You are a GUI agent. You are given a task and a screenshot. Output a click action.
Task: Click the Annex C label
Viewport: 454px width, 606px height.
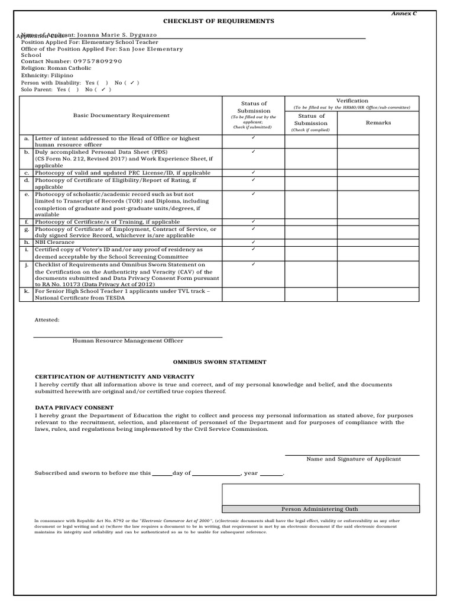[406, 13]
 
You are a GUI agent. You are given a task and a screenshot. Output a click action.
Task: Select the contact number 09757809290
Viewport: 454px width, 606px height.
[98, 61]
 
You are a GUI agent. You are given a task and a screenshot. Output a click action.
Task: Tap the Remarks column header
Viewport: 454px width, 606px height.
[378, 123]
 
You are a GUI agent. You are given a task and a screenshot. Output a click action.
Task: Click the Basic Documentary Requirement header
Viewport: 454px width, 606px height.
[121, 115]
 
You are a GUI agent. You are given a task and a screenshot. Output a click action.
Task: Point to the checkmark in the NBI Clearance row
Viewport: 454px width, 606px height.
[253, 242]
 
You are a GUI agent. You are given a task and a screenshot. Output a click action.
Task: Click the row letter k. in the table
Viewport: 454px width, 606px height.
[27, 291]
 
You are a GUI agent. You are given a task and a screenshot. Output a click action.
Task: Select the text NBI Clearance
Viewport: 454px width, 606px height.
[54, 242]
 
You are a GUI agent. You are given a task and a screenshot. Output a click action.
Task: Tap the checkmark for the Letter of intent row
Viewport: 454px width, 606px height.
[253, 138]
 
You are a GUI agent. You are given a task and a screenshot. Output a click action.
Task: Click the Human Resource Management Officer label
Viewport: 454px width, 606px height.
[128, 341]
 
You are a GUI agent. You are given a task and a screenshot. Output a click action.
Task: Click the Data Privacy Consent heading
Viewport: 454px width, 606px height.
[74, 408]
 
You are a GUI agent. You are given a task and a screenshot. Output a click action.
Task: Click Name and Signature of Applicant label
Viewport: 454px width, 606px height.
[353, 459]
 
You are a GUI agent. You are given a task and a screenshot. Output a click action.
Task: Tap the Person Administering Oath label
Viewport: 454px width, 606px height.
[319, 509]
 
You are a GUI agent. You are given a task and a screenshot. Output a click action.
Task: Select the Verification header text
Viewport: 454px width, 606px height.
[352, 101]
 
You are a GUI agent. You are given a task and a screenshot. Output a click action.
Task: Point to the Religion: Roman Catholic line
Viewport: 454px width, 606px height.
[56, 68]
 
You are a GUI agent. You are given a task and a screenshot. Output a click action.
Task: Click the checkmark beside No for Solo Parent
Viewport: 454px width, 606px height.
[103, 90]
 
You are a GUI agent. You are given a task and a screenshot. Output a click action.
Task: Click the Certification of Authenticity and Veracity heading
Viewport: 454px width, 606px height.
[115, 377]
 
